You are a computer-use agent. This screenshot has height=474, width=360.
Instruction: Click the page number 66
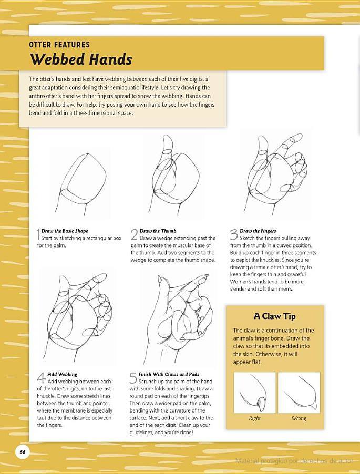[x=23, y=452]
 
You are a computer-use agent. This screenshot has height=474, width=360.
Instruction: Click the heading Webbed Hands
[x=81, y=59]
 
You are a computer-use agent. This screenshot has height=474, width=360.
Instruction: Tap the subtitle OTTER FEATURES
[x=59, y=45]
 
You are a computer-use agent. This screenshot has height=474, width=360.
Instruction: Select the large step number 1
[x=38, y=235]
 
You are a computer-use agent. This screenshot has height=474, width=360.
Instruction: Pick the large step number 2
[x=134, y=234]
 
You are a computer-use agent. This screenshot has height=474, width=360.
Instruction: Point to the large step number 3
[x=234, y=235]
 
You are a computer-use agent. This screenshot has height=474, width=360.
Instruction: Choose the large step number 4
[x=42, y=378]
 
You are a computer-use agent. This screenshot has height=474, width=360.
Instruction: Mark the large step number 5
[x=133, y=378]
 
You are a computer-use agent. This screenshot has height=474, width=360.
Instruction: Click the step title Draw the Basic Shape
[x=65, y=231]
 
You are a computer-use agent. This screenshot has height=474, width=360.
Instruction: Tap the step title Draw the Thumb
[x=158, y=231]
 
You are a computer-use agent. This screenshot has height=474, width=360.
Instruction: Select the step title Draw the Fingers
[x=258, y=231]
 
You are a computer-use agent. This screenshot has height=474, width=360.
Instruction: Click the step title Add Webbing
[x=62, y=374]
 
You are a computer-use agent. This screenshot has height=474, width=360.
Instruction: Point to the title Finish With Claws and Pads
[x=169, y=374]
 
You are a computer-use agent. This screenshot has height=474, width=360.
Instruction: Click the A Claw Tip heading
[x=275, y=316]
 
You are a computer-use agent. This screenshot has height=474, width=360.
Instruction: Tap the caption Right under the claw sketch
[x=254, y=418]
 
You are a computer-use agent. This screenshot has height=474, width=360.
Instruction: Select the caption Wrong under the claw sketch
[x=299, y=418]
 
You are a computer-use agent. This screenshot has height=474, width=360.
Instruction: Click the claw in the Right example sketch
[x=261, y=401]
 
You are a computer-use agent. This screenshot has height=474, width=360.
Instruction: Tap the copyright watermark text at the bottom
[x=294, y=461]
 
